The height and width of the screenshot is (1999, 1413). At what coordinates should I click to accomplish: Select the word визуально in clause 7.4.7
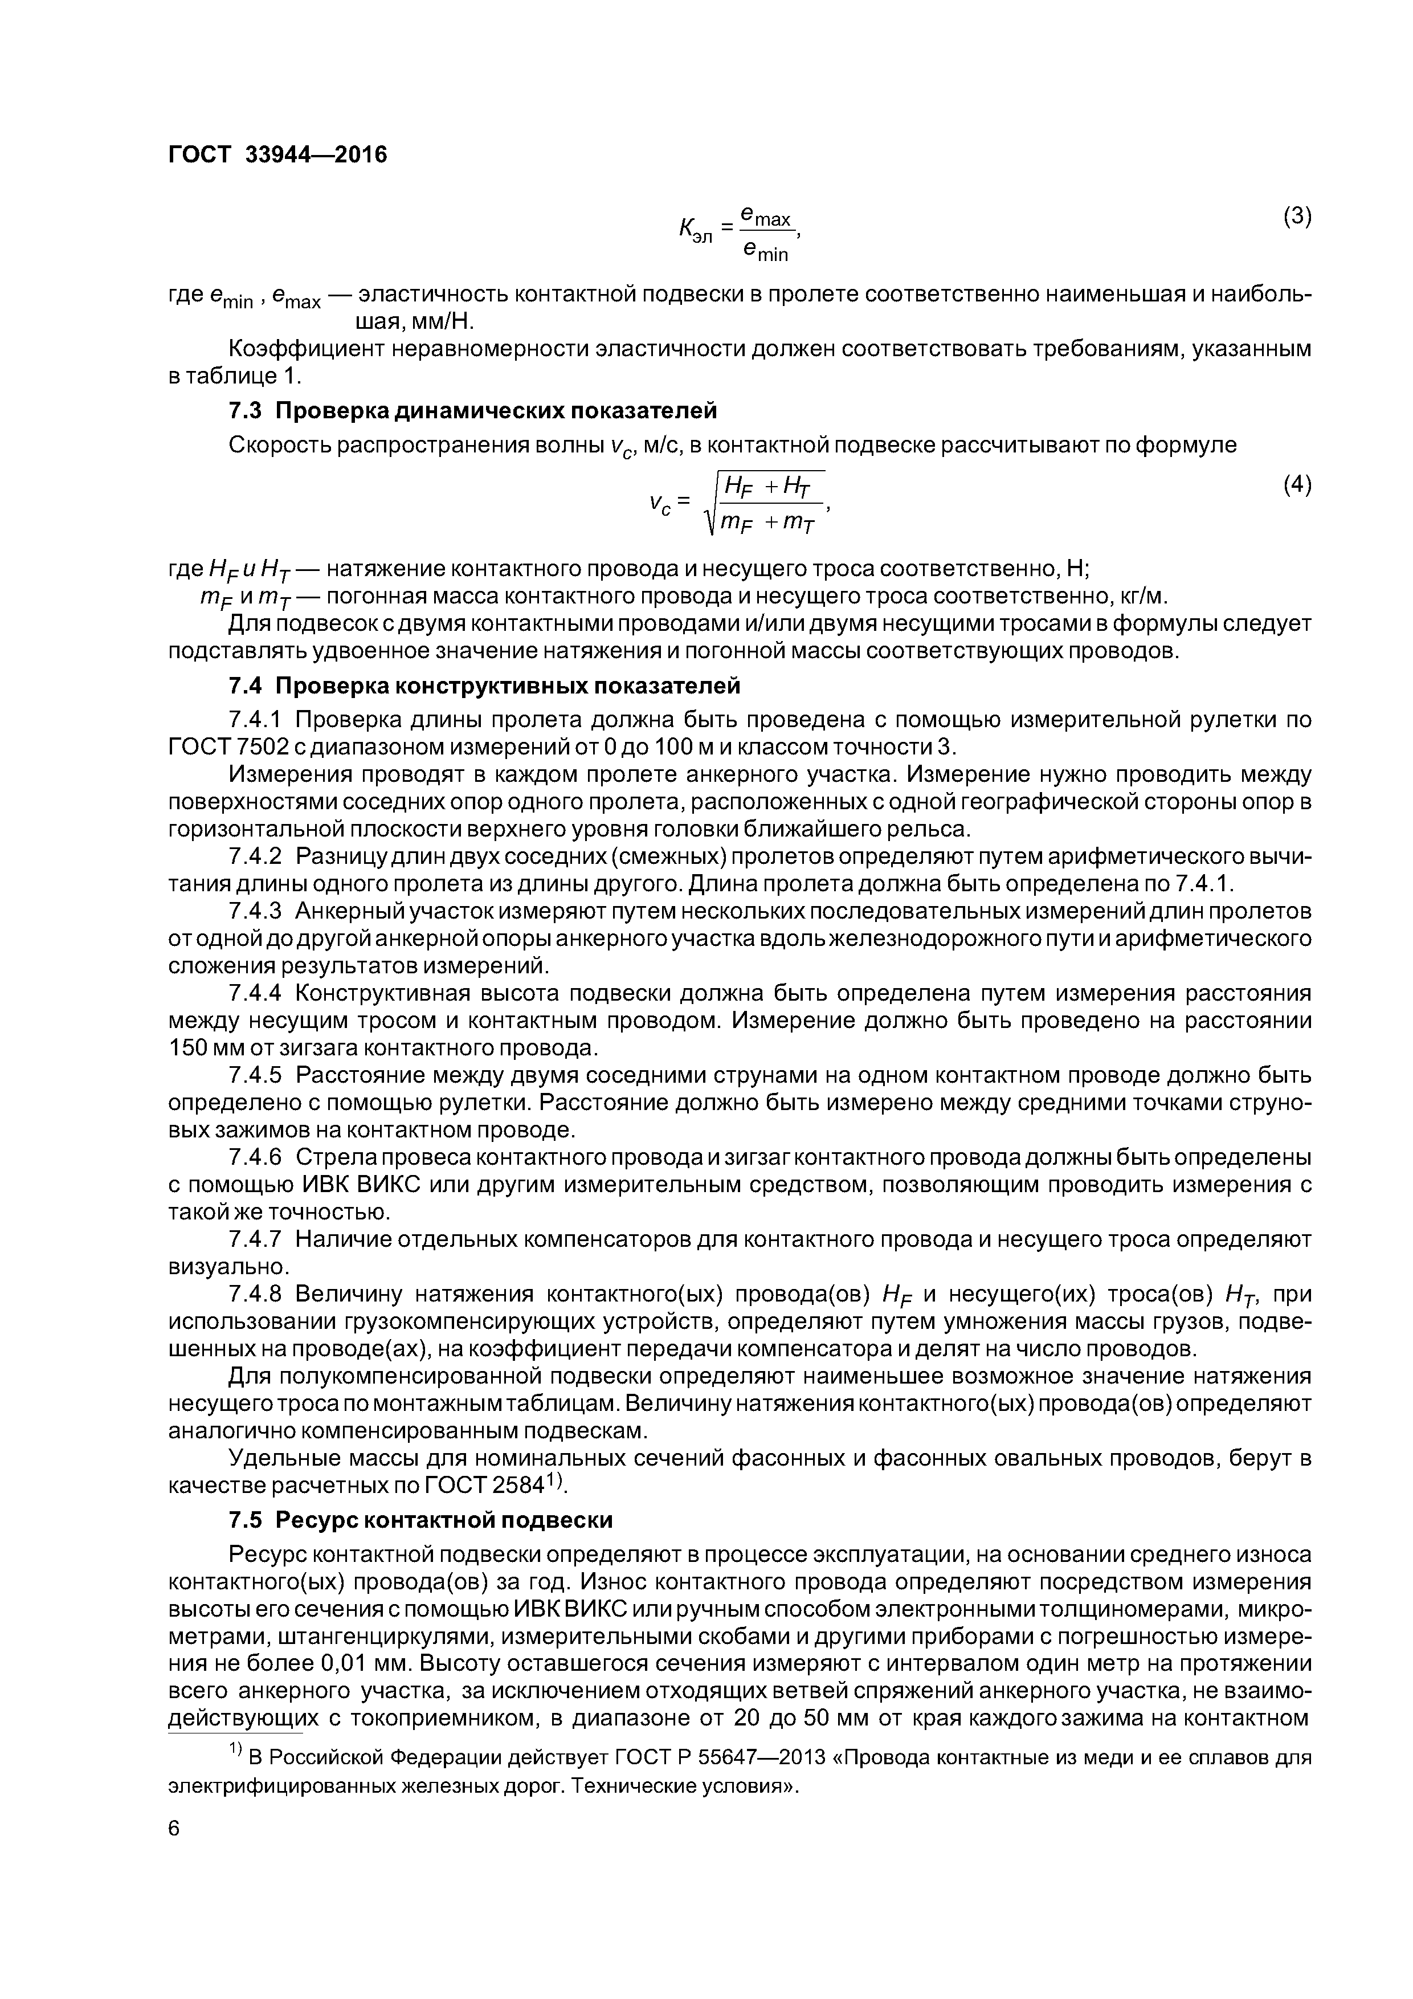click(227, 1266)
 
